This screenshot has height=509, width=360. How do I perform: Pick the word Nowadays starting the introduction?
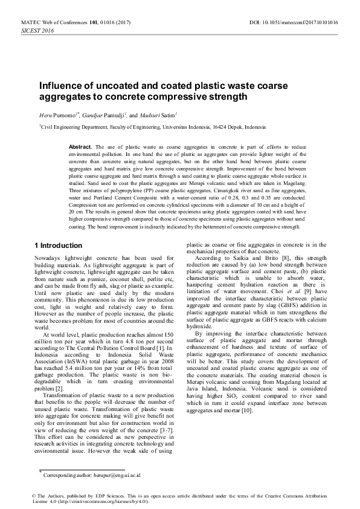48,258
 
